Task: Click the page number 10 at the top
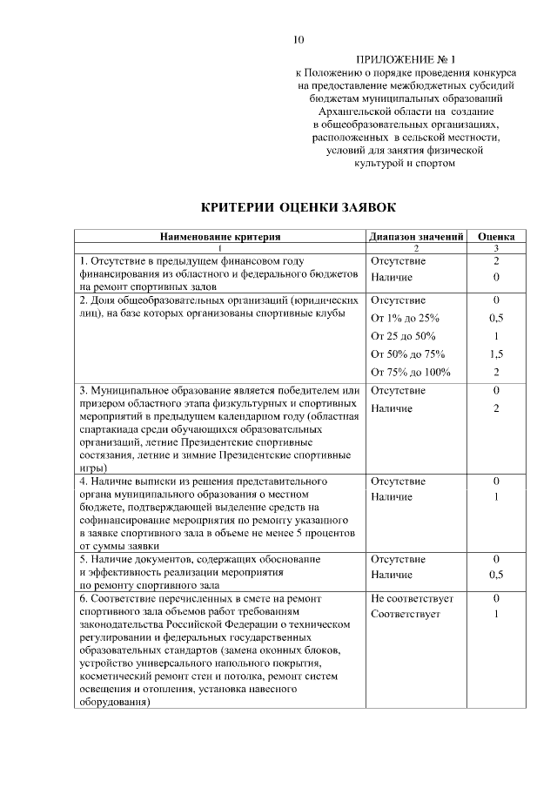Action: click(299, 39)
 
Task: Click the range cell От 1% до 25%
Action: click(405, 318)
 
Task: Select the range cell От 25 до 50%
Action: click(403, 336)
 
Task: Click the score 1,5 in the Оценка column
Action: click(496, 354)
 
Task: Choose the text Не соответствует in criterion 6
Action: click(411, 600)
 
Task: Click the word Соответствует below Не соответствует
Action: click(406, 615)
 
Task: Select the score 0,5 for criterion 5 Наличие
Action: click(496, 575)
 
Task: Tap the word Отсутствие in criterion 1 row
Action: click(398, 260)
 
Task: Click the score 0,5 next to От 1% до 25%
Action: click(496, 318)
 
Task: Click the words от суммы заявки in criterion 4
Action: click(119, 544)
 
